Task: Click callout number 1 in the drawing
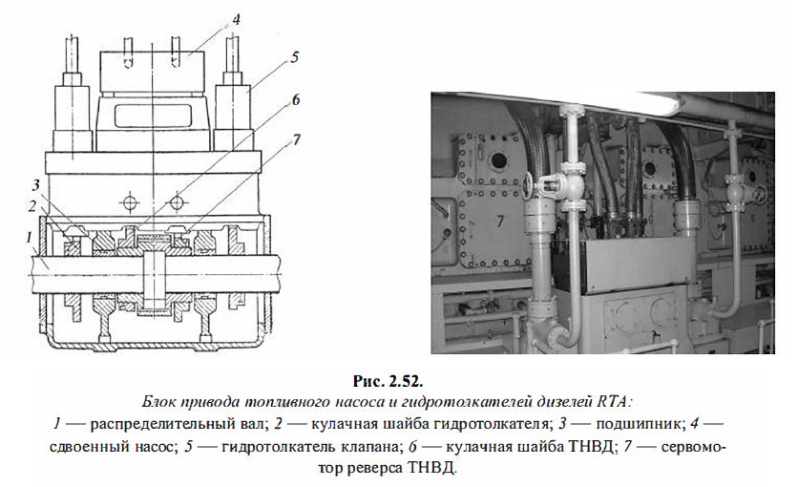point(31,235)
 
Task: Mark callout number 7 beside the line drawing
point(297,139)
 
